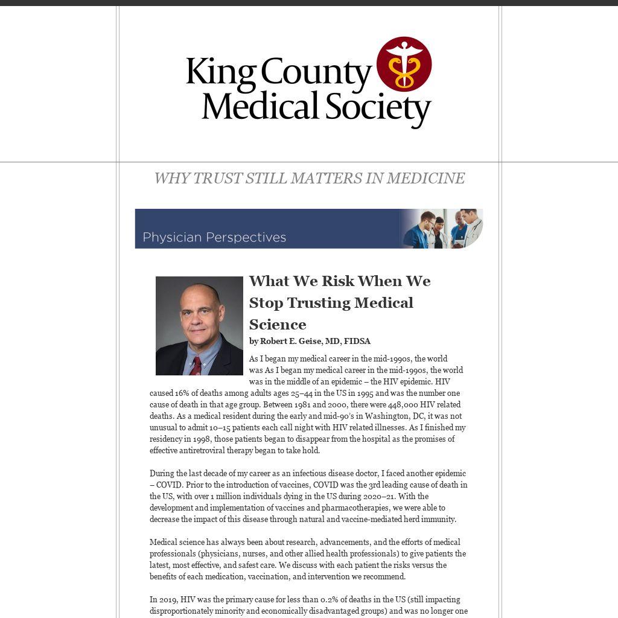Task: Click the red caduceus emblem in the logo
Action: pos(404,64)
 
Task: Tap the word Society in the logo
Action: pos(378,107)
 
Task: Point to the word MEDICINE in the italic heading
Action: pos(425,179)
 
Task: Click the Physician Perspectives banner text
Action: pos(214,237)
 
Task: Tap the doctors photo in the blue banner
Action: pos(444,229)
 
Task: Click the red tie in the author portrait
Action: pos(196,366)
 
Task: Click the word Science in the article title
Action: pos(278,325)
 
